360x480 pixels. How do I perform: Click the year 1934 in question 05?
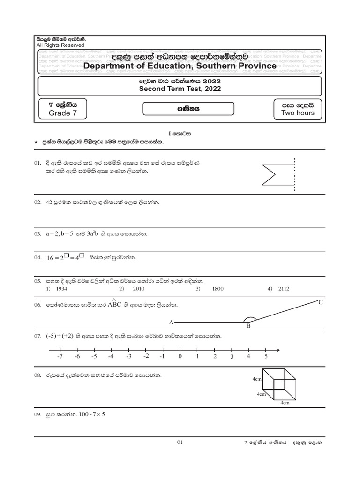coord(61,289)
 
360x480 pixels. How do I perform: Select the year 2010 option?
coord(138,289)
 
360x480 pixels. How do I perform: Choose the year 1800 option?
coord(217,289)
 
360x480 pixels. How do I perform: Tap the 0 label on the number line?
coord(180,357)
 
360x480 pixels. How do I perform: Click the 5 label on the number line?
coord(266,357)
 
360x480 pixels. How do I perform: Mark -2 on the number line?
coord(146,356)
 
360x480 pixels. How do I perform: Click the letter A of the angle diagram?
coord(171,322)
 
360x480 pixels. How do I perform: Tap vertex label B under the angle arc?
coord(249,327)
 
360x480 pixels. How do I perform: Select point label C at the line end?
coord(321,302)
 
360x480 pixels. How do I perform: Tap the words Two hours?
coord(298,113)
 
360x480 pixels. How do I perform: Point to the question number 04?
coord(38,258)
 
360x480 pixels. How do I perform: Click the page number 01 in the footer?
coord(180,442)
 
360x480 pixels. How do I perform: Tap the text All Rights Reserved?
coord(60,45)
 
